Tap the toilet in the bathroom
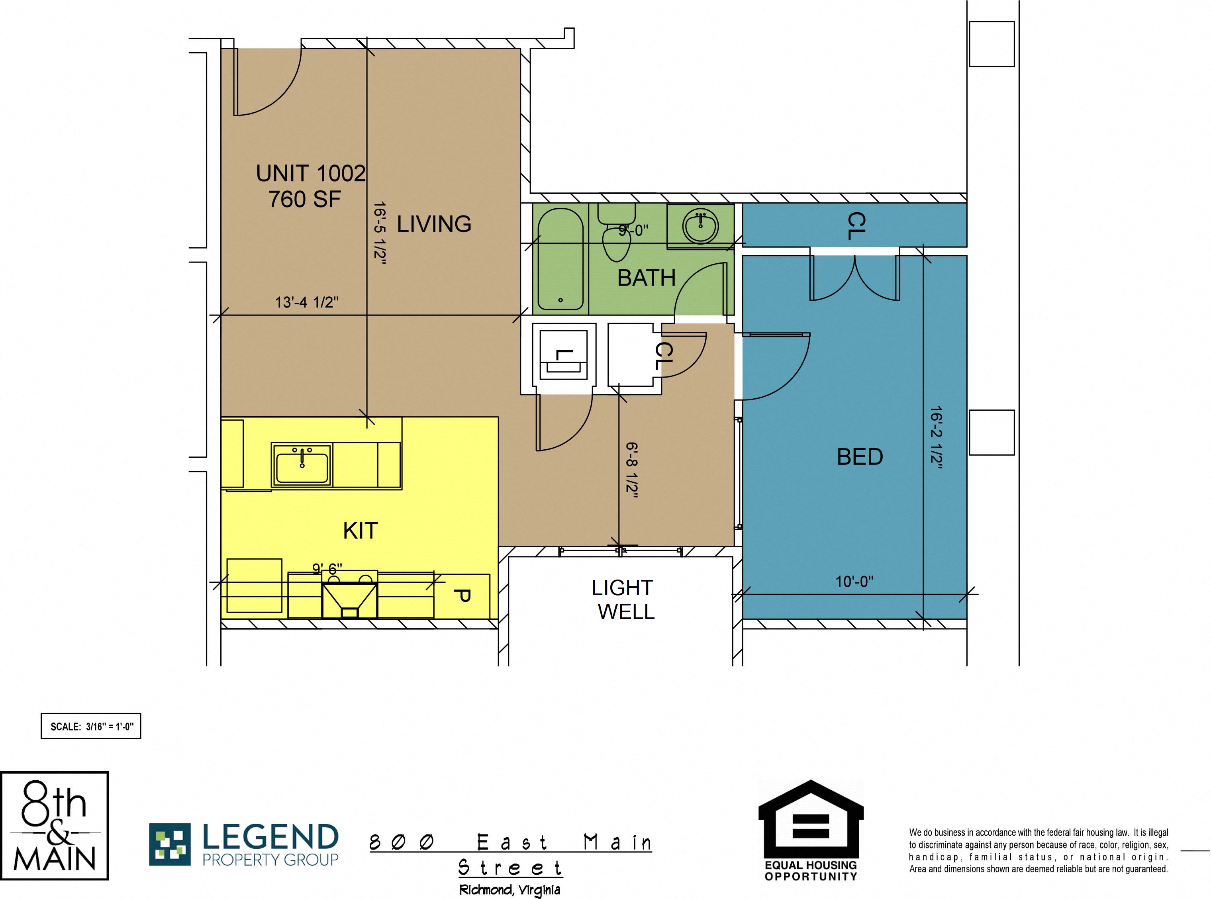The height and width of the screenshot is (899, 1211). click(616, 232)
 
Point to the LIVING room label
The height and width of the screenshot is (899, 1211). click(434, 224)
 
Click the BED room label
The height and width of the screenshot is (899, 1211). click(860, 457)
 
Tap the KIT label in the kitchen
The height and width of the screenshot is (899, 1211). click(360, 531)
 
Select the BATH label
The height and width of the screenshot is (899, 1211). click(647, 278)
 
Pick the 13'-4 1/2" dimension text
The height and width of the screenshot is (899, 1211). click(307, 302)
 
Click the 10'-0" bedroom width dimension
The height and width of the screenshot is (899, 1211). click(854, 582)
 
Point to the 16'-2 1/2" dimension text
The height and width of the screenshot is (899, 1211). click(937, 437)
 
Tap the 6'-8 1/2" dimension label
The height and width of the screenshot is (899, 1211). click(632, 470)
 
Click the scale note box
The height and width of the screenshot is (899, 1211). click(91, 726)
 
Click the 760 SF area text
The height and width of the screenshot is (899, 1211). click(304, 199)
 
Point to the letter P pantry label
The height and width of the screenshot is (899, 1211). click(462, 596)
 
